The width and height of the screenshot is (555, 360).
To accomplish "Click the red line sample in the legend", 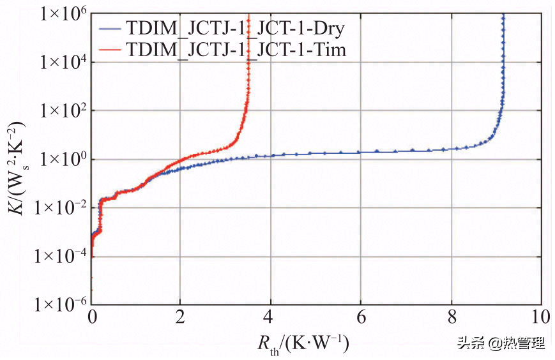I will (x=110, y=49).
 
